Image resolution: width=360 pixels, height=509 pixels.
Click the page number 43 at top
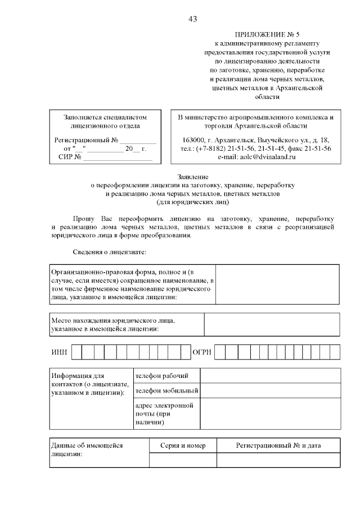(192, 20)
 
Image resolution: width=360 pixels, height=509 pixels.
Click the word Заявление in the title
(192, 176)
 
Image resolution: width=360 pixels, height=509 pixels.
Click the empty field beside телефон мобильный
(270, 390)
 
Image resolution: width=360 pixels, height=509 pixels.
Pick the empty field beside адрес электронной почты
(270, 413)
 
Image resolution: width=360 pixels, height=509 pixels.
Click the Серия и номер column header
(183, 445)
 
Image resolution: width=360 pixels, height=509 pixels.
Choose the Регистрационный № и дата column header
(278, 445)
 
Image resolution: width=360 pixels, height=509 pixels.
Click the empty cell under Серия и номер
(183, 460)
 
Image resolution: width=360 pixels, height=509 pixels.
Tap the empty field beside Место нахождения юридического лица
(272, 324)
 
